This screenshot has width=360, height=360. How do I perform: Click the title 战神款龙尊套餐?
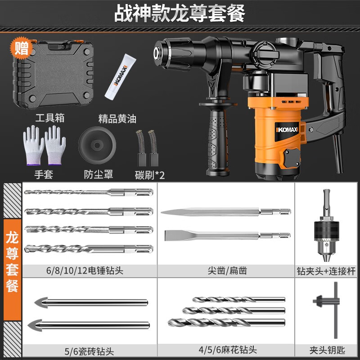coord(180,13)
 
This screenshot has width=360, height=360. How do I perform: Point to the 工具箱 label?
coord(49,118)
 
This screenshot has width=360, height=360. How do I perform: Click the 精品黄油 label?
coord(117,119)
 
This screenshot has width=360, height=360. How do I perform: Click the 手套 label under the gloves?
coord(43,174)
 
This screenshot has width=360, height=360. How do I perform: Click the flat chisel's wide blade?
coord(180,235)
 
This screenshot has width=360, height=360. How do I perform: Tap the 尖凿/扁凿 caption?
coord(227,270)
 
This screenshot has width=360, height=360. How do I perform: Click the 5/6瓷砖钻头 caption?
coord(88,349)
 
